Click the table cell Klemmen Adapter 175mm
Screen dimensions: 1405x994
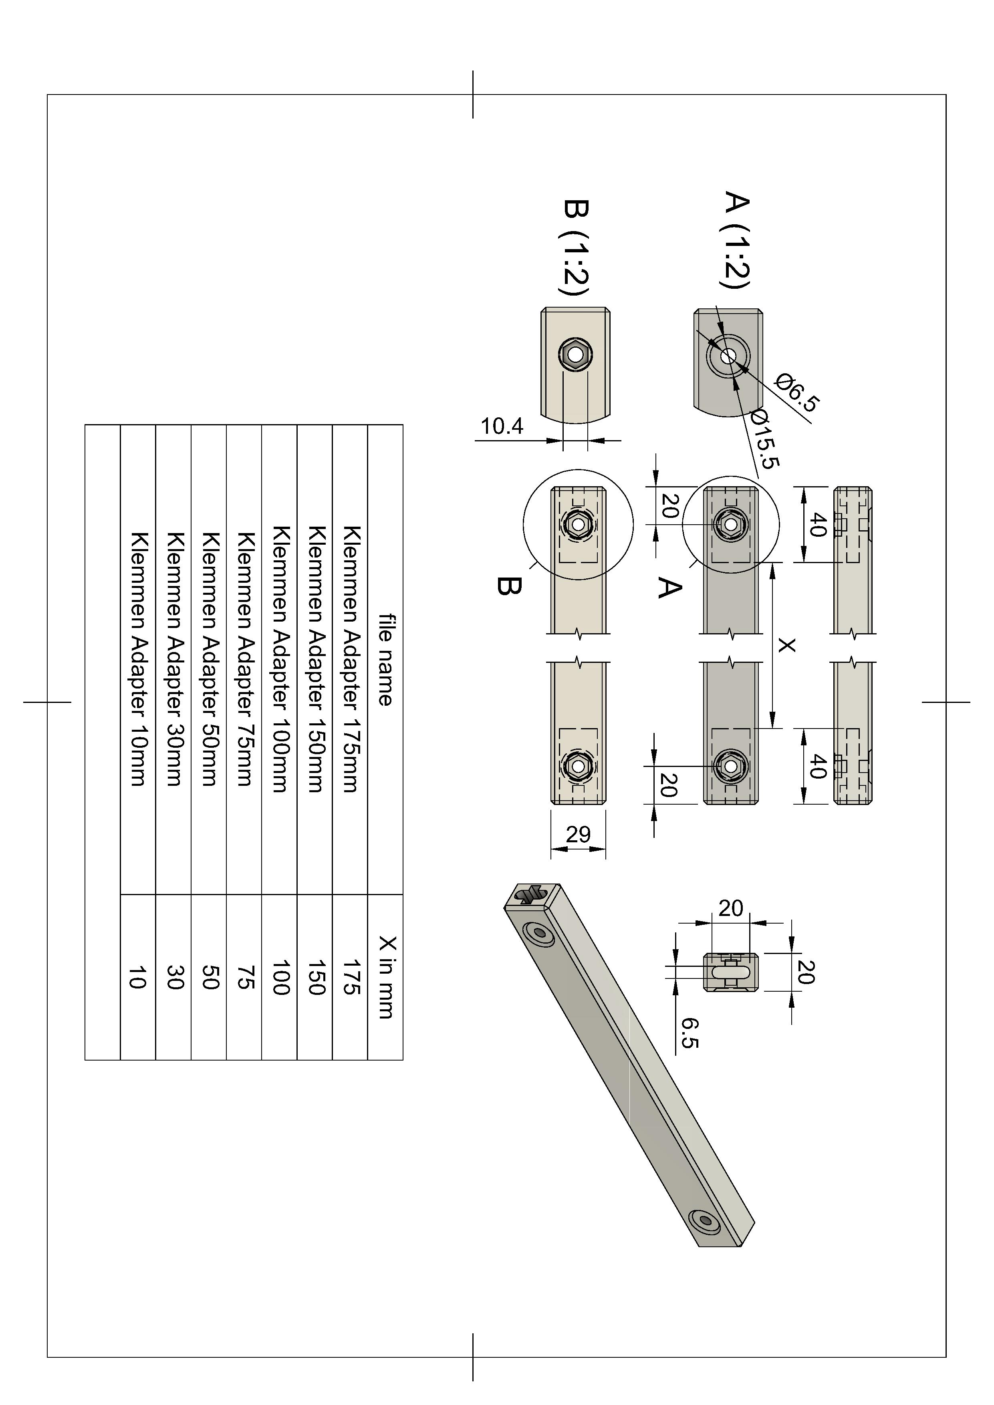(350, 659)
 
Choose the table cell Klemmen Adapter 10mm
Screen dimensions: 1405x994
(138, 659)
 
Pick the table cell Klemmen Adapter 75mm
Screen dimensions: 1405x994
(244, 659)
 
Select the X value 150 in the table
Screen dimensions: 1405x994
(315, 977)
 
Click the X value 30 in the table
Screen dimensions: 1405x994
(174, 977)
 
